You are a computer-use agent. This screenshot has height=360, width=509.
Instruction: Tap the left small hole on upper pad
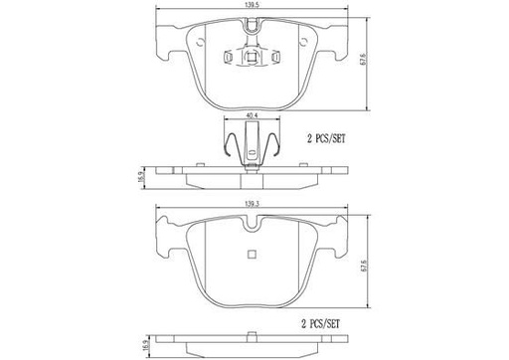click(202, 42)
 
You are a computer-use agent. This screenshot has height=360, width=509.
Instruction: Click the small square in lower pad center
click(253, 254)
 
